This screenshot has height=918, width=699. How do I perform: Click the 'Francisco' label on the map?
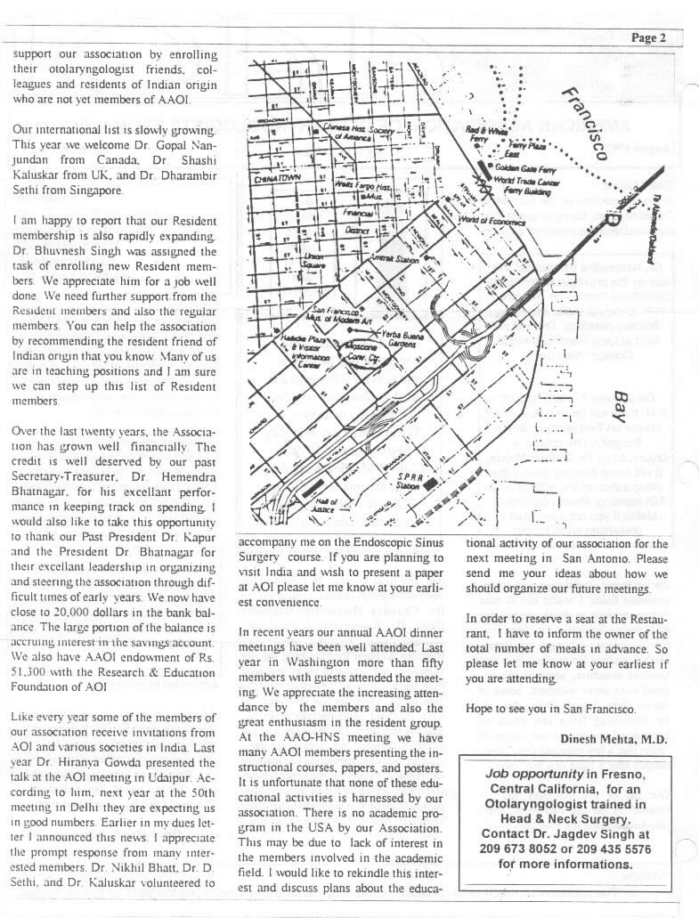coord(583,124)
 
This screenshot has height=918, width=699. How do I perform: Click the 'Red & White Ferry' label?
coord(485,134)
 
